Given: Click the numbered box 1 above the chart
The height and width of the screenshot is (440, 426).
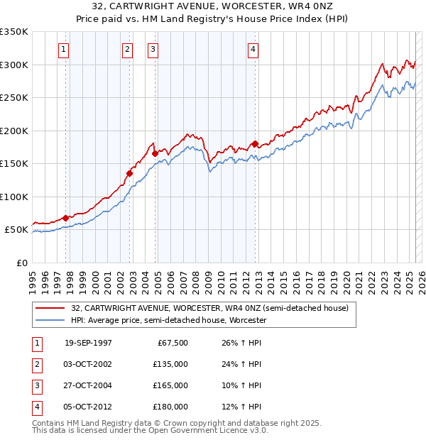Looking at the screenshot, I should pos(64,49).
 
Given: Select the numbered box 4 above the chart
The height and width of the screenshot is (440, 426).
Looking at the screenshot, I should pos(253,49).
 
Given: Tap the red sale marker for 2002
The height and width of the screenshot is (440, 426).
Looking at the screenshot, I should pos(130,172).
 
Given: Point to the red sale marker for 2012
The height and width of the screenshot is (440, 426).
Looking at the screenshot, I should pos(255,143).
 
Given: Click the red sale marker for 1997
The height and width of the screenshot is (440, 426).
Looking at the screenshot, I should pos(66,218).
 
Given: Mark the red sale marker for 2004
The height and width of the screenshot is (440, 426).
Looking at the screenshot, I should pos(155,153).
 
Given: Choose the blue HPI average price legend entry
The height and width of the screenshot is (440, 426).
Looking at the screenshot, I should pos(168,320).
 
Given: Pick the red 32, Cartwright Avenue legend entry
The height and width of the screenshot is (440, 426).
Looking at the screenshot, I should pos(209,309).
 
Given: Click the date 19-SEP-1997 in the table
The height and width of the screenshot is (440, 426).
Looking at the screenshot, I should pos(88,343).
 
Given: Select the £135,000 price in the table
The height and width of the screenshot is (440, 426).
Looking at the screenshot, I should pos(170,364).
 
